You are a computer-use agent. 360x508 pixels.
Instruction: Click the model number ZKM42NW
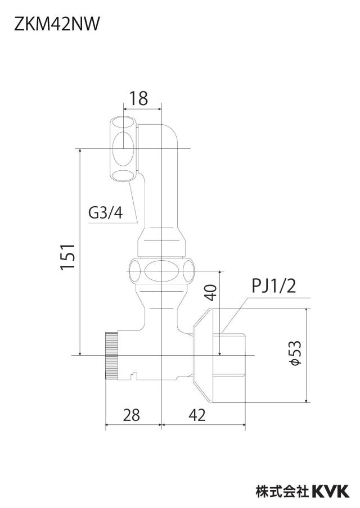click(56, 24)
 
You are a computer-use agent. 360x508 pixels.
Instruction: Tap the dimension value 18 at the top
click(138, 98)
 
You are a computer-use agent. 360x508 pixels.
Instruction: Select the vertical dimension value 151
click(68, 256)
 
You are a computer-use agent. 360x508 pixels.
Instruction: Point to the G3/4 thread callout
click(106, 213)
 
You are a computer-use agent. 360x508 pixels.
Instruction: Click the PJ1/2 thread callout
click(274, 285)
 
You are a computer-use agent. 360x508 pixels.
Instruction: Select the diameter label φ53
click(295, 353)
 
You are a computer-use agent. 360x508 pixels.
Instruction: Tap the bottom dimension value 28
click(132, 415)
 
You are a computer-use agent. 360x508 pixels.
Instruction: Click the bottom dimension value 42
click(197, 415)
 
